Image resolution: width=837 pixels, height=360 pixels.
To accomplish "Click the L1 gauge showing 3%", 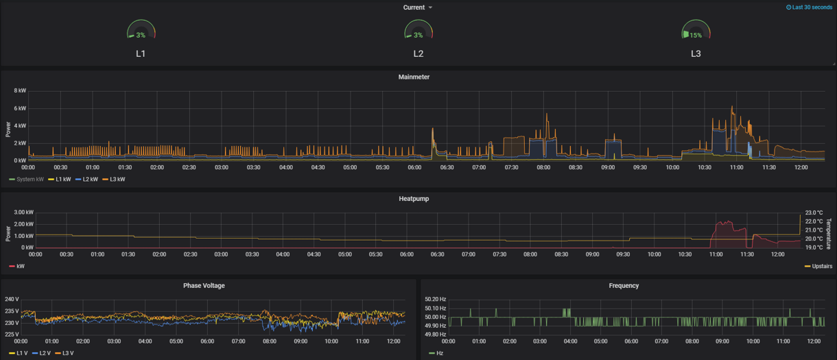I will (141, 32).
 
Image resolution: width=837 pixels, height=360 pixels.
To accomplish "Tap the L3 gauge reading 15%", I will (696, 32).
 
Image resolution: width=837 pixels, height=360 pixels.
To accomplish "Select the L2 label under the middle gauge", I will (418, 54).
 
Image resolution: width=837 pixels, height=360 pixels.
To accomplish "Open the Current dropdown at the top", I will (417, 8).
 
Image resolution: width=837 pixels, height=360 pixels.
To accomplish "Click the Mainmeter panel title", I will (414, 77).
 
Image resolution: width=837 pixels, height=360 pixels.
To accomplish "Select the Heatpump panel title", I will (414, 199).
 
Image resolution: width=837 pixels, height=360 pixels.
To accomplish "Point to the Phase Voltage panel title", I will (204, 286).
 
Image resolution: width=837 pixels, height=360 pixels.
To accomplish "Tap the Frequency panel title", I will (624, 286).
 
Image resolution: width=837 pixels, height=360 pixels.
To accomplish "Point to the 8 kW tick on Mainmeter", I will (20, 91).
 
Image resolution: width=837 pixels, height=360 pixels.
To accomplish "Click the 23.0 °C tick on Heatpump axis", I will (814, 213).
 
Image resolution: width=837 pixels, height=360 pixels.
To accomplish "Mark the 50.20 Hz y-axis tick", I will (435, 300).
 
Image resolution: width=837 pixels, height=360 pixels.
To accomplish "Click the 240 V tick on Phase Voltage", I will (12, 300).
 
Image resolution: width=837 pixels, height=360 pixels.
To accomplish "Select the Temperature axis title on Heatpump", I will (829, 234).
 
